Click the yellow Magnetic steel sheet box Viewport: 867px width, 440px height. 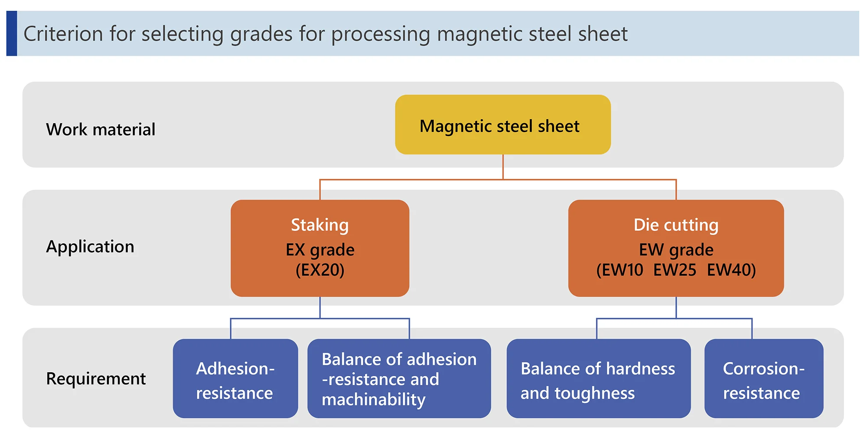503,125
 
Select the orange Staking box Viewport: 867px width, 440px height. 320,248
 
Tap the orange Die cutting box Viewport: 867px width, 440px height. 676,248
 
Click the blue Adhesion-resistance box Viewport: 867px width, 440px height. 235,378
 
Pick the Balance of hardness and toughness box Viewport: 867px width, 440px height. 598,378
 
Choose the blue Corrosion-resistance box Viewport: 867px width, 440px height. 764,378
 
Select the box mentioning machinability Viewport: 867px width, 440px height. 399,378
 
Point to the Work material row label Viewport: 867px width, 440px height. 101,129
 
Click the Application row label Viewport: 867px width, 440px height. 90,247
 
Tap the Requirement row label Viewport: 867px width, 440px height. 96,379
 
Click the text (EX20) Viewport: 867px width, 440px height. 320,270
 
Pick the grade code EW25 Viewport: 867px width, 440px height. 675,270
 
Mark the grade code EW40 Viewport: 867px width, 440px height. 729,270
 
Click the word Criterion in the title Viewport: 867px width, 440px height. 63,34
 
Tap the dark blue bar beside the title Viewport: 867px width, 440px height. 12,33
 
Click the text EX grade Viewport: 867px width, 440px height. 320,250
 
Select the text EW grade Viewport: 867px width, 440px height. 676,250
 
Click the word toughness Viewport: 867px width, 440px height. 595,394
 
